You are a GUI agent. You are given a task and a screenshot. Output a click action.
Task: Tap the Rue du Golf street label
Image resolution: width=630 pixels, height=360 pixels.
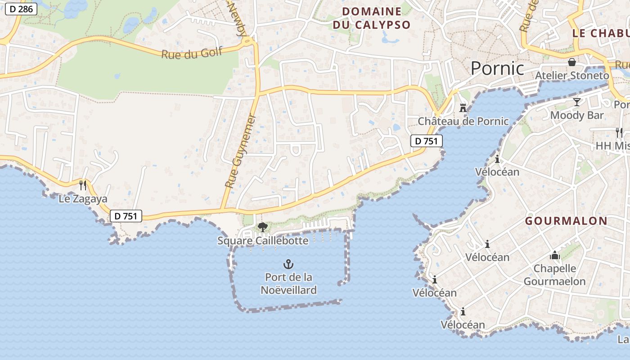(x=192, y=53)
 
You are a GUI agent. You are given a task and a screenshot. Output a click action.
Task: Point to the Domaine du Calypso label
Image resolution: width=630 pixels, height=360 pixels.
(x=372, y=18)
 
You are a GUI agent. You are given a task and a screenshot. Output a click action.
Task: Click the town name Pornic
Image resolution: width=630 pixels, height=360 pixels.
(x=497, y=68)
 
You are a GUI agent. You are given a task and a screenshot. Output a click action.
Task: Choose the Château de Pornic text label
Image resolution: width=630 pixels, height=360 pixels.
(x=463, y=121)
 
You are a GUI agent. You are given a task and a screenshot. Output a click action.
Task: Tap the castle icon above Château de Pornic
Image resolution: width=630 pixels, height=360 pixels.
(x=463, y=108)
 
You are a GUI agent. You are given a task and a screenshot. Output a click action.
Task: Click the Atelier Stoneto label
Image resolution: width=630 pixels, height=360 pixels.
(x=572, y=75)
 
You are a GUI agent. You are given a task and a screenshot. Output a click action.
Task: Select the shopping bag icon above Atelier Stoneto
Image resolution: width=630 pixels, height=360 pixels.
(x=572, y=62)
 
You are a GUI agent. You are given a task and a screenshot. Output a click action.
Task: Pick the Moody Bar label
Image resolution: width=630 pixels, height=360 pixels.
(x=577, y=115)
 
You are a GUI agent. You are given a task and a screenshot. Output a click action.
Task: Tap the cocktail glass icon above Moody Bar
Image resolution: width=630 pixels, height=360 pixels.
(x=577, y=102)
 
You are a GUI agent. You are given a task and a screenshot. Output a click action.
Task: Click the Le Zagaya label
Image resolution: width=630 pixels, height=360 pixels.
(x=83, y=198)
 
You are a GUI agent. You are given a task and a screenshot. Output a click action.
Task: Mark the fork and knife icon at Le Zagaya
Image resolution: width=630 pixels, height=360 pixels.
(x=83, y=185)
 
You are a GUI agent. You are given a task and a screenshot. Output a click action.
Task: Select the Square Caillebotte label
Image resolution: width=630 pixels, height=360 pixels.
(x=263, y=241)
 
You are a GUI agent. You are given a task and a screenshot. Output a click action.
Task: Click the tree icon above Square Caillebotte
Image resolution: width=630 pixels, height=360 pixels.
(x=262, y=227)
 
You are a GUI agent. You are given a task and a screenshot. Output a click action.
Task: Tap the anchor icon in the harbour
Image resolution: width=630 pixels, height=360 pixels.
(x=288, y=264)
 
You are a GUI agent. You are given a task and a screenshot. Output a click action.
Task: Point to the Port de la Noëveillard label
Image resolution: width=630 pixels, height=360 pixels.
(x=288, y=283)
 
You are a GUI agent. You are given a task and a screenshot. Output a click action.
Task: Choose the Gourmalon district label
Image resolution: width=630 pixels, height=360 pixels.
(x=566, y=221)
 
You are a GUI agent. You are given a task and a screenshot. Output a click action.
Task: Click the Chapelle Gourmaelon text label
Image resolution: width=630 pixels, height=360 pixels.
(x=555, y=275)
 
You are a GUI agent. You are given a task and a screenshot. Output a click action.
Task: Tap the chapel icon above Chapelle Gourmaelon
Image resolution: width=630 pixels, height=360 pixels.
(x=555, y=256)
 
